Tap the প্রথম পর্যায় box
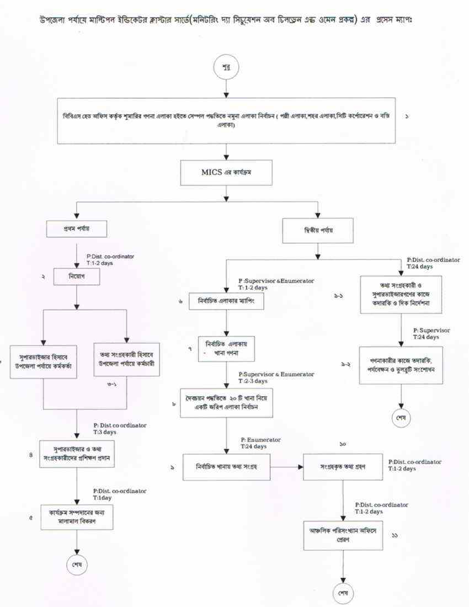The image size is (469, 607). coord(77,228)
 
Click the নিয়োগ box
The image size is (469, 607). coord(77,275)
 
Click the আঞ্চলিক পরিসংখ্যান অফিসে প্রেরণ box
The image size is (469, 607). coord(343,535)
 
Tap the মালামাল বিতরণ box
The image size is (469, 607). coord(77,516)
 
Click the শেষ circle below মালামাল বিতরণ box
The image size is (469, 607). coord(77,565)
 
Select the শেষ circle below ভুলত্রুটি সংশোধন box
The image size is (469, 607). coord(401,417)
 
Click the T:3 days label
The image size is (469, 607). coord(105,432)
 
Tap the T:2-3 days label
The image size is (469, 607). coord(253,381)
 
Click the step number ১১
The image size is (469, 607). coord(395,535)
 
